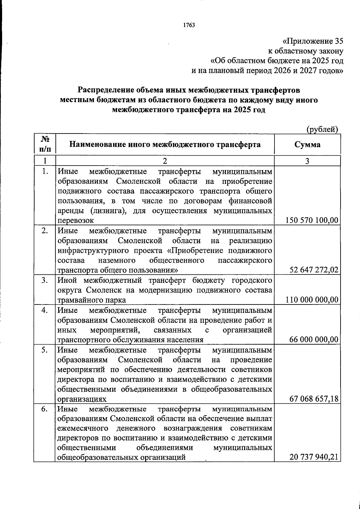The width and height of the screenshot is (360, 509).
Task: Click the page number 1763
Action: point(189,25)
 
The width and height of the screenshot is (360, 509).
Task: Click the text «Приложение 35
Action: point(313,41)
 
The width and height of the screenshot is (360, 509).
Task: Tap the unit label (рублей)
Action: point(322,129)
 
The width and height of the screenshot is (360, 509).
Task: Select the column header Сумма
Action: point(307,145)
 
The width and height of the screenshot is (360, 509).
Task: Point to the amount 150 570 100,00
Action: point(312,220)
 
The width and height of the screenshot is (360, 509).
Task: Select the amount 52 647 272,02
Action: point(314,270)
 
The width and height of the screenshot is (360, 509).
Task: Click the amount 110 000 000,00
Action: point(312,300)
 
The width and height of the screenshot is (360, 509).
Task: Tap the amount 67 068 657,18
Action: point(314,399)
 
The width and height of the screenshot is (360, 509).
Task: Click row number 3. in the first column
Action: point(45,280)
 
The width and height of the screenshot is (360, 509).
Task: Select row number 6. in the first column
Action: point(45,409)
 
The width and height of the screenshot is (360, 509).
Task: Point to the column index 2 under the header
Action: point(165,161)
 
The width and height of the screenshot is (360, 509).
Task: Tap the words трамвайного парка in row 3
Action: point(91,300)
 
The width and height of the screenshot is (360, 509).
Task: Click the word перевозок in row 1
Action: point(76,220)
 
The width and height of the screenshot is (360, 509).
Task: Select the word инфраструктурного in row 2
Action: point(87,250)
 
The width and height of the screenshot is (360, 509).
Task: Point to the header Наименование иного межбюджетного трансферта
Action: point(165,145)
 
